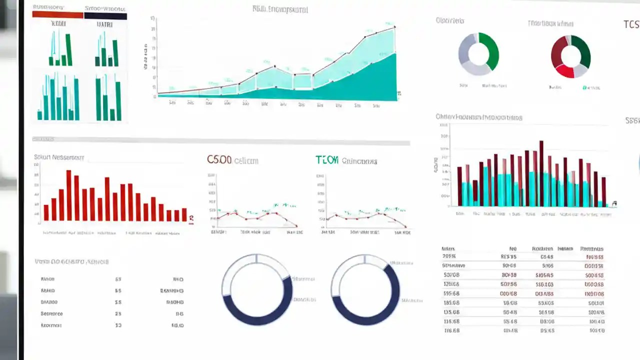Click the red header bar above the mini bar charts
(x=57, y=15)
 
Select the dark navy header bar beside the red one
(x=105, y=16)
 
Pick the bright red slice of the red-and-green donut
(x=564, y=71)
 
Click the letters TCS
(x=631, y=24)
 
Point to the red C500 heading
(x=219, y=160)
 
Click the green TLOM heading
(x=327, y=160)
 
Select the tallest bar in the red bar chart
(x=69, y=195)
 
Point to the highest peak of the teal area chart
(x=394, y=27)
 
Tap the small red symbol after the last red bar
(x=191, y=218)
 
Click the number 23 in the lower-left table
(x=118, y=314)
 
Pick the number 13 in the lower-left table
(x=118, y=325)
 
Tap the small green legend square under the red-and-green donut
(x=584, y=87)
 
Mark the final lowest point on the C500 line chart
(x=296, y=226)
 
